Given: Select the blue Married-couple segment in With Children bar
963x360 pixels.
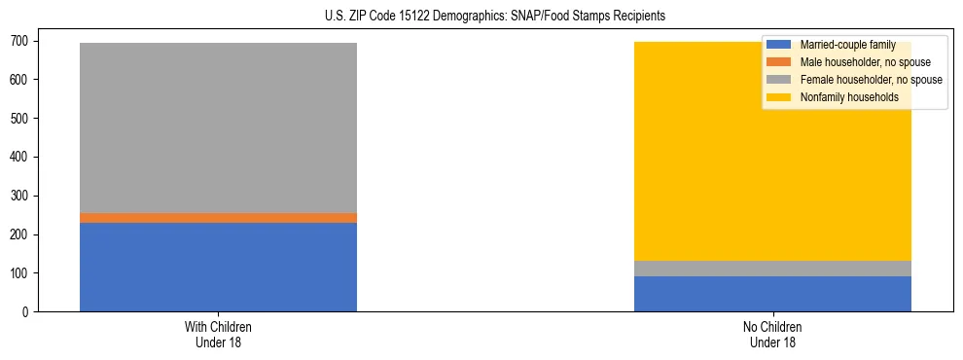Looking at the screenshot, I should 218,267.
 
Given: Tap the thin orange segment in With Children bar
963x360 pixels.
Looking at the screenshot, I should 218,218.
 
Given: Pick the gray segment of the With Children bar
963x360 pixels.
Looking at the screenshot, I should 218,127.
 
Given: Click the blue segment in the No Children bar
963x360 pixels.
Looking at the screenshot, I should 772,294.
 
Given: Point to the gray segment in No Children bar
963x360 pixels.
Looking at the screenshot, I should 772,269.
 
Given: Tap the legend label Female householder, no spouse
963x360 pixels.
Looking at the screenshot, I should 871,80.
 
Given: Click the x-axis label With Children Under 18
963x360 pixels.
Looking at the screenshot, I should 218,335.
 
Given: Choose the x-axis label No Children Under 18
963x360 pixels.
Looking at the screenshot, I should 772,335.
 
